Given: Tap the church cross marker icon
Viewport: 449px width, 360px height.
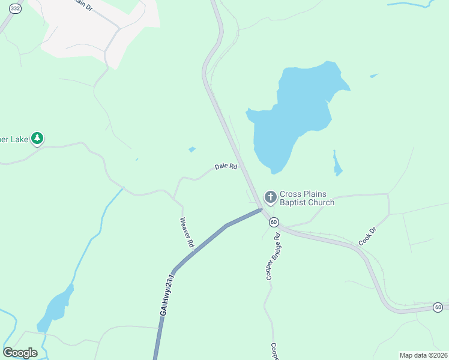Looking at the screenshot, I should (x=270, y=196).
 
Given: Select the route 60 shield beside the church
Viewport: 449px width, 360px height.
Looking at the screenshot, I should (x=274, y=222).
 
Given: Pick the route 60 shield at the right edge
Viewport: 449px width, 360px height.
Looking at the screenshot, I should (x=439, y=307).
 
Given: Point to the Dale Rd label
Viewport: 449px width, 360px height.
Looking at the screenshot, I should (x=226, y=167).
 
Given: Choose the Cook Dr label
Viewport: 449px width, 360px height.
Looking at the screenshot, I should (x=367, y=235).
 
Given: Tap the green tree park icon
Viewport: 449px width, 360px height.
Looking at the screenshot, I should (x=37, y=139).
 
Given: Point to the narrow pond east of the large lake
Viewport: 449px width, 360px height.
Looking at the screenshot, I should (x=337, y=163).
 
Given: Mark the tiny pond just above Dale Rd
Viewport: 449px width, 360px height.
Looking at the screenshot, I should (x=191, y=149).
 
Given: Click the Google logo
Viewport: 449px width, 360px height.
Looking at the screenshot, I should (x=20, y=353).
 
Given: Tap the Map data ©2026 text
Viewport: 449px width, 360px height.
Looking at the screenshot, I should (x=423, y=355).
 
